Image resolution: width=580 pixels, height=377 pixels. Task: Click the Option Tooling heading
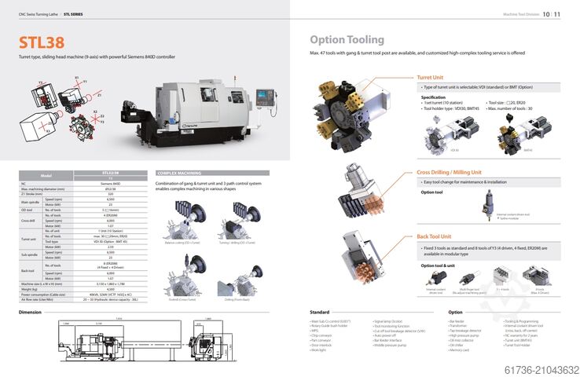click(x=347, y=39)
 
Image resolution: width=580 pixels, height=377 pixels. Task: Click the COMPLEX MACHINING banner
click(x=178, y=172)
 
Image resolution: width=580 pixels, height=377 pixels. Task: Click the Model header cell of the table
click(x=46, y=175)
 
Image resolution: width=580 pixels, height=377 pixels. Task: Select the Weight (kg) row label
click(x=32, y=288)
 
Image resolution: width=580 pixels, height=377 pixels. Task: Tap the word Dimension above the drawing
click(x=30, y=312)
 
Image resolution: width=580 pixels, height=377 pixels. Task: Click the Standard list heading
click(x=320, y=312)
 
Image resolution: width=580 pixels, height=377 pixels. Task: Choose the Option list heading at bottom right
click(x=455, y=312)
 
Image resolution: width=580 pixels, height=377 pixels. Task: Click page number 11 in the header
click(x=557, y=14)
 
